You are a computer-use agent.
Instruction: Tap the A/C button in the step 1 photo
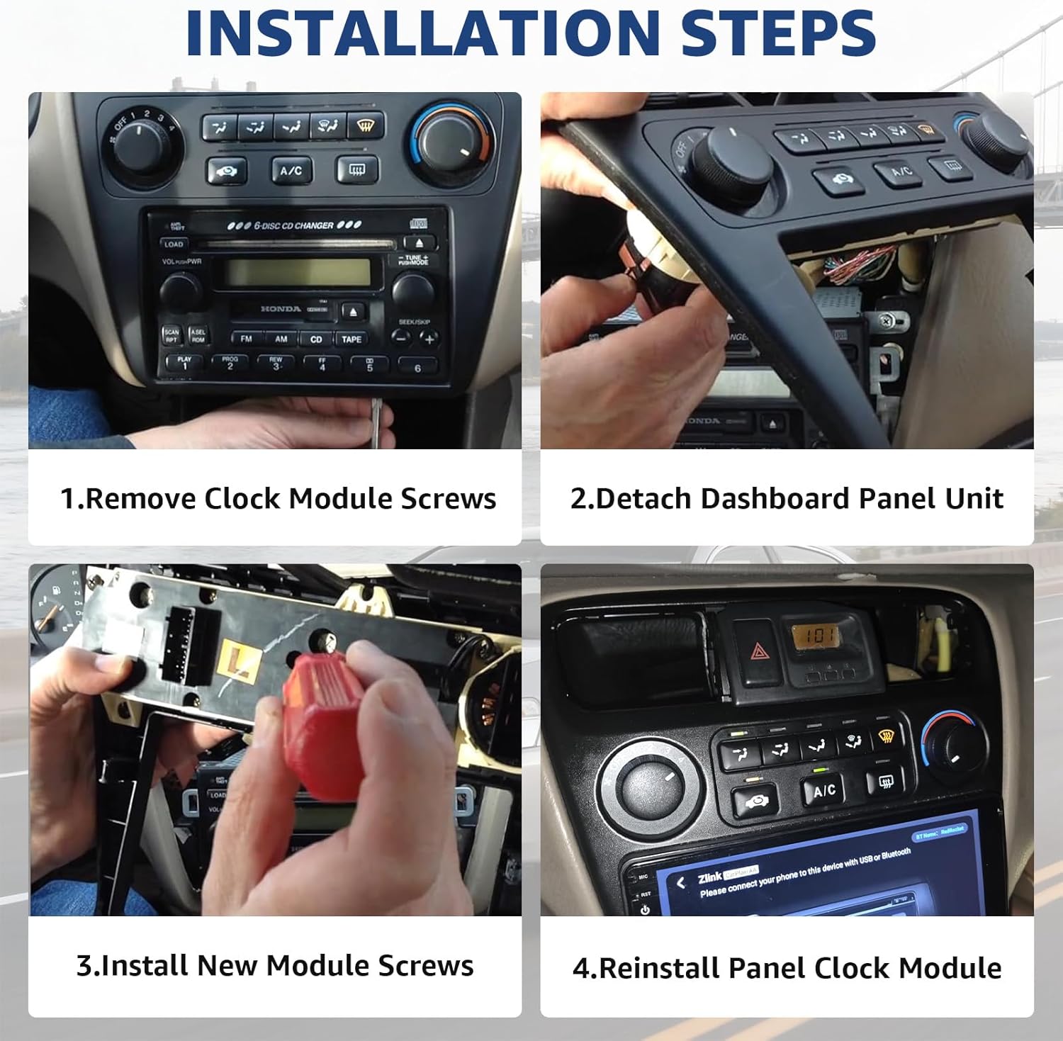(x=291, y=171)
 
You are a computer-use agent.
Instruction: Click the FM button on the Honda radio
(x=246, y=339)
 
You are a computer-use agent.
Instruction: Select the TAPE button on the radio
(x=351, y=339)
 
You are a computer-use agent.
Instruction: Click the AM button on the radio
(x=281, y=339)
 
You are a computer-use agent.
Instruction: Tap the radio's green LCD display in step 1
(x=297, y=272)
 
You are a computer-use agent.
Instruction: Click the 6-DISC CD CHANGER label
(x=294, y=225)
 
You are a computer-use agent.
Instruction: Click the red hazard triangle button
(x=757, y=650)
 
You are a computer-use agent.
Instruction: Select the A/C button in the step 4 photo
(x=823, y=790)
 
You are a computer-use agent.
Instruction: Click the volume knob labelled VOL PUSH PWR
(x=180, y=290)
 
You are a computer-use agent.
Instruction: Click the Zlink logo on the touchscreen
(x=709, y=879)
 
